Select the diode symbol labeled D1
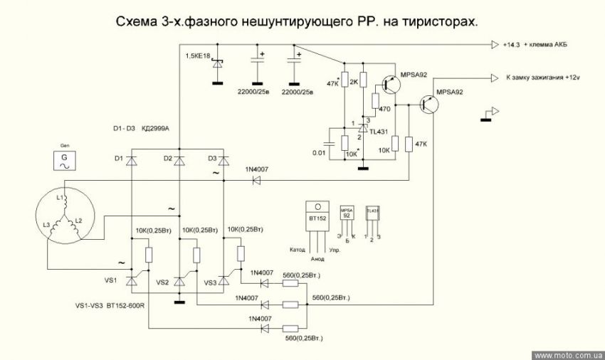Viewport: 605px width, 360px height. point(131,160)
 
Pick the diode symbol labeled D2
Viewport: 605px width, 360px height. point(179,160)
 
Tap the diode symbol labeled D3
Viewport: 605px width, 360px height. point(223,160)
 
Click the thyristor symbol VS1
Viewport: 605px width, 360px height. point(131,281)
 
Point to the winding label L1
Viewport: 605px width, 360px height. point(61,196)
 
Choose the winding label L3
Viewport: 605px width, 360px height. point(47,225)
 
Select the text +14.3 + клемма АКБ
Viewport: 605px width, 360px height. point(535,45)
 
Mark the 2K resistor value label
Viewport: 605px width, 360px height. point(354,83)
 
